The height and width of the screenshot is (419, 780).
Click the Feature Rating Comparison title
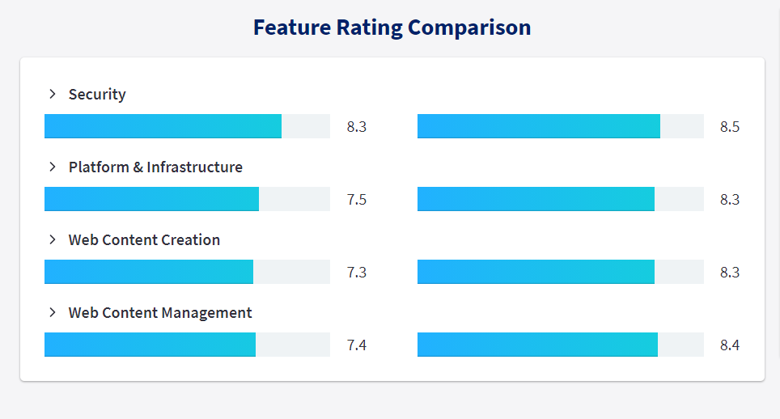coord(392,28)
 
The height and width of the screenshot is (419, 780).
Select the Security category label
coord(97,95)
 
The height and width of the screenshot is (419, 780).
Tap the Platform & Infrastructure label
coord(155,167)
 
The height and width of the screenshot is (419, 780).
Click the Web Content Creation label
coord(144,240)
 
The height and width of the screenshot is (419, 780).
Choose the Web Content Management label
coord(160,313)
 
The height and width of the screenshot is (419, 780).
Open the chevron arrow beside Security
coord(53,94)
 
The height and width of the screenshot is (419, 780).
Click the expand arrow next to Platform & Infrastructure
coord(53,167)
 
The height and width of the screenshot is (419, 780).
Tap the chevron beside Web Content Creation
coord(53,239)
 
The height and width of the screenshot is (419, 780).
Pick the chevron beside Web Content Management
coord(53,313)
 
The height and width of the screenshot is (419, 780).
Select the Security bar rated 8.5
coord(539,126)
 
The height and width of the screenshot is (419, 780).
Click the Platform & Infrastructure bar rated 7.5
coord(152,199)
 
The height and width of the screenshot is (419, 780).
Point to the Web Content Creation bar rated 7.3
coord(149,272)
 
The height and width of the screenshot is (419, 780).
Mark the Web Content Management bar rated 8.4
coord(537,345)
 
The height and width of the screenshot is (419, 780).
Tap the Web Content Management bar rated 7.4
coord(150,345)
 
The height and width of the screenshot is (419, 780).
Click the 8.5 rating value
coord(730,127)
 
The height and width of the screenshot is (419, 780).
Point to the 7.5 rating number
coord(357,200)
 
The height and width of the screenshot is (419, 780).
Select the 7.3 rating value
coord(357,273)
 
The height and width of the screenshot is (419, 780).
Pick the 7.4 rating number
coord(357,345)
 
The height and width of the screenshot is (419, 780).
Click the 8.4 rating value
coord(730,345)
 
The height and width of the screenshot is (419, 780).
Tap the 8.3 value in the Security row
coord(357,127)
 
